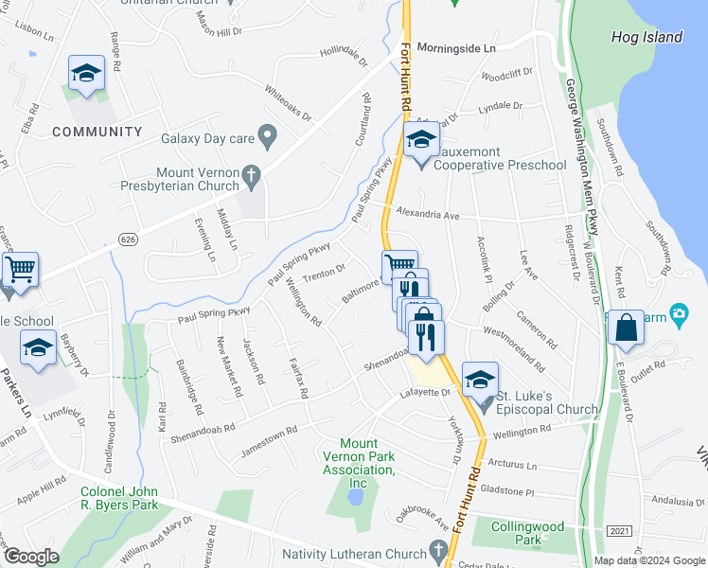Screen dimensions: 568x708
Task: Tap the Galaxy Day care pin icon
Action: [267, 138]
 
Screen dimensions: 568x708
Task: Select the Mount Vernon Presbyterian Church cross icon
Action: [251, 174]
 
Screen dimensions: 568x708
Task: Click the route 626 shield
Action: [124, 240]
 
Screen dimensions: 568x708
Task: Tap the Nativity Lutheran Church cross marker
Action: [437, 549]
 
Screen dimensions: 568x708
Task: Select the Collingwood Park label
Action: [528, 534]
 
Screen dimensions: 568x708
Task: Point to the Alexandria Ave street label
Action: [427, 215]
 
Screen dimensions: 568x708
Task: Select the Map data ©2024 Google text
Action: [648, 560]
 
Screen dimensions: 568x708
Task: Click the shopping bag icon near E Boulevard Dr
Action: [625, 328]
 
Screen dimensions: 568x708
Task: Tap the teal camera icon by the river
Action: [678, 313]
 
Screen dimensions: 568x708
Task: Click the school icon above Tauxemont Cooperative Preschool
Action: [420, 142]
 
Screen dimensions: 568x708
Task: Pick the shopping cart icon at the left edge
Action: [19, 269]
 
